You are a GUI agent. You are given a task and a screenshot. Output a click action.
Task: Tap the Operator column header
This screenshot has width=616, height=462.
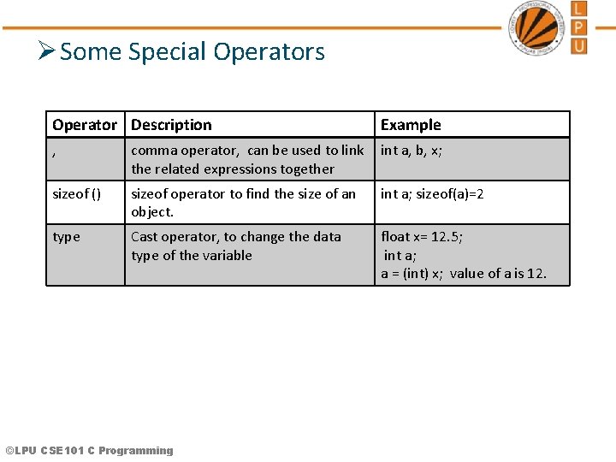(84, 125)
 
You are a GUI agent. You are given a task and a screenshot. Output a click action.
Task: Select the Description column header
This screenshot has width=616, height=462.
(171, 125)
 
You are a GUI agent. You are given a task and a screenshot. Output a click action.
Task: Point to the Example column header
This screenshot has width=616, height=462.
(411, 125)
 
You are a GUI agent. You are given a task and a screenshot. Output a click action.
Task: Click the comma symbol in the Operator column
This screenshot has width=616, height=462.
(55, 152)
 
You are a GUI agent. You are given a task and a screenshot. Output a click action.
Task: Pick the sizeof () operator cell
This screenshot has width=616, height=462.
(76, 194)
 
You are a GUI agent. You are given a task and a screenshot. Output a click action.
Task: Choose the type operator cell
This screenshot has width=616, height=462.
(66, 237)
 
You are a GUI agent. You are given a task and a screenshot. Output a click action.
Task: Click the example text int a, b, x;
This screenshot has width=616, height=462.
(412, 151)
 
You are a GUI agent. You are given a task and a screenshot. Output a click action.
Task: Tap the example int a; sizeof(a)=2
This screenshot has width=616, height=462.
(432, 194)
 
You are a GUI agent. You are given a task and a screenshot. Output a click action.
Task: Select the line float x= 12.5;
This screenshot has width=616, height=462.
(422, 237)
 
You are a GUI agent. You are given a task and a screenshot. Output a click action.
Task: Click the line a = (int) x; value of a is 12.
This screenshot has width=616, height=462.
(463, 274)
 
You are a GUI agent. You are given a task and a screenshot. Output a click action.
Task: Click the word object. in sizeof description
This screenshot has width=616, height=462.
(152, 212)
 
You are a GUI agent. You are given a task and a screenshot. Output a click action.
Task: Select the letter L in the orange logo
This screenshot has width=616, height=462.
(579, 9)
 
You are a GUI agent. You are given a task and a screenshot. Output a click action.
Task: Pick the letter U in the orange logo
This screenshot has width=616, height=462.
(579, 44)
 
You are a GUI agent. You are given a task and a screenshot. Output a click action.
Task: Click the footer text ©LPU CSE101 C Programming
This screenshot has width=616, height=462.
(89, 451)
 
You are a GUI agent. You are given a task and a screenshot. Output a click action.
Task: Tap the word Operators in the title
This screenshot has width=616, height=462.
(269, 52)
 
